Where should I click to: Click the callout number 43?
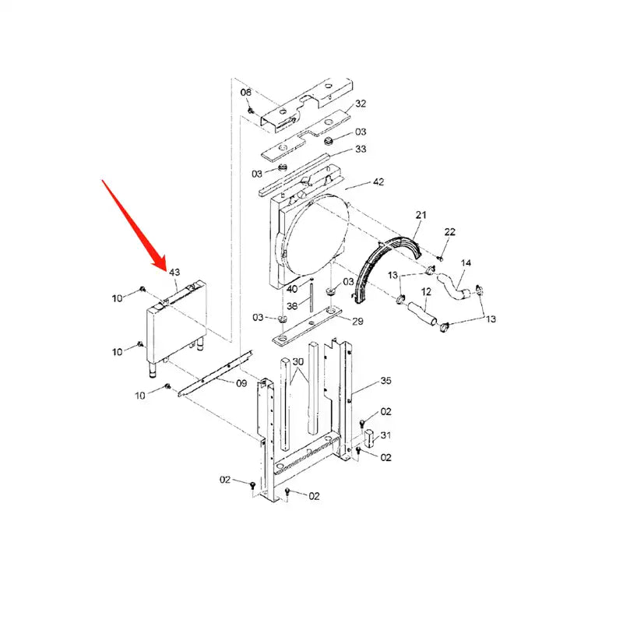(174, 273)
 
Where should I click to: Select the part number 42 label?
(378, 182)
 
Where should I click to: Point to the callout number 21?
(421, 214)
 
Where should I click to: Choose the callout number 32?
(360, 104)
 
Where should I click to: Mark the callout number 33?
(360, 149)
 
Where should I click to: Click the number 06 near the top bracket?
(245, 92)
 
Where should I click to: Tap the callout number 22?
(450, 232)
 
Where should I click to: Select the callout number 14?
(466, 263)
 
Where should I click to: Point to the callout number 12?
(426, 291)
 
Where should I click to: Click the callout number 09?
(241, 382)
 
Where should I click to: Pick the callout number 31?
(385, 435)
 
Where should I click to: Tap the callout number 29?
(357, 322)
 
